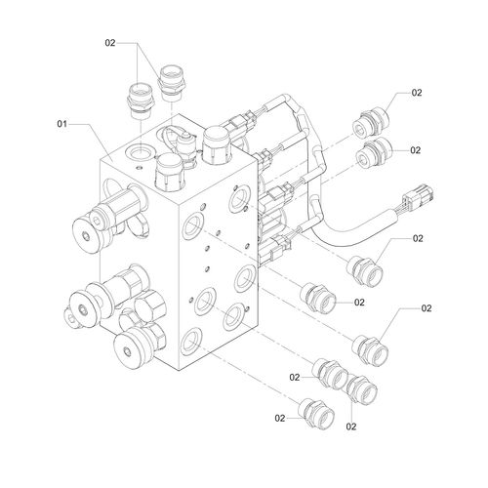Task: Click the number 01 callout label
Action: [62, 124]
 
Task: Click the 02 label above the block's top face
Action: [110, 43]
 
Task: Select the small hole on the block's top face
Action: [140, 168]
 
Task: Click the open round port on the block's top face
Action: [141, 151]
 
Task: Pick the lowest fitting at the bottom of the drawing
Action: [318, 413]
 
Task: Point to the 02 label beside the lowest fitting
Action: [280, 418]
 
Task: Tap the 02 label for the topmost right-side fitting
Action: [417, 93]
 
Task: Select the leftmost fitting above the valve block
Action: [142, 101]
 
